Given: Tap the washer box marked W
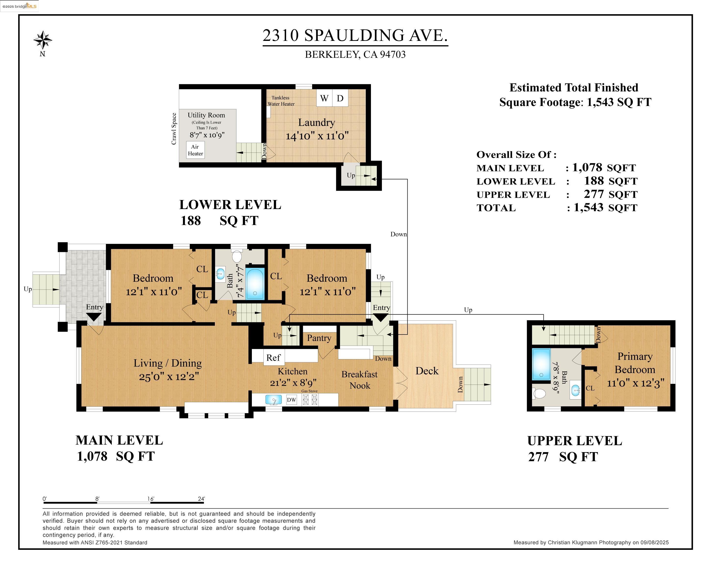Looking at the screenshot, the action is [324, 98].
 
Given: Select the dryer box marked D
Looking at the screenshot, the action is [340, 98].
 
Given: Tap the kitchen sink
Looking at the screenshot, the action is [274, 399].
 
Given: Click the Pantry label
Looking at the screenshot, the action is [319, 338].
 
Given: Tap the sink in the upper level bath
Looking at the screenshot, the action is [576, 391].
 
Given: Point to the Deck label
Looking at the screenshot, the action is [427, 371].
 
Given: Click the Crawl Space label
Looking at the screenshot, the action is [174, 129].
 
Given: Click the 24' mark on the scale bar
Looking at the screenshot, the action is [201, 499].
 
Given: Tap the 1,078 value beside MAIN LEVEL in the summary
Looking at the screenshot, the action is [587, 168].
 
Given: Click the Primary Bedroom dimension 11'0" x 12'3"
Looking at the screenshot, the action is [635, 383].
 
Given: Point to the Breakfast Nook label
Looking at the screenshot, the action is [359, 380].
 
